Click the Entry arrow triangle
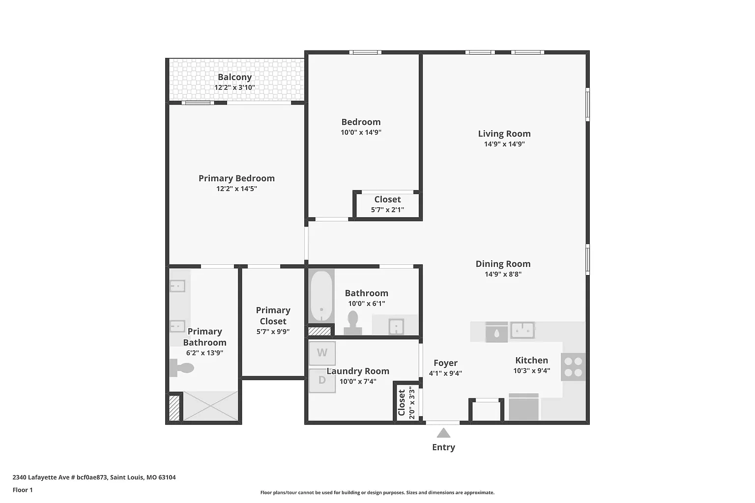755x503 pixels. click(x=443, y=433)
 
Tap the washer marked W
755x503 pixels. click(x=322, y=353)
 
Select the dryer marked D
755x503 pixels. click(x=322, y=380)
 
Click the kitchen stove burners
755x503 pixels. click(x=573, y=367)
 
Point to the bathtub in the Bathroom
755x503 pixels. click(x=321, y=296)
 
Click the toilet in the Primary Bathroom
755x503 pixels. click(x=182, y=367)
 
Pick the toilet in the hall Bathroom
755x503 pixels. click(x=352, y=322)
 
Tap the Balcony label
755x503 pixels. click(x=235, y=77)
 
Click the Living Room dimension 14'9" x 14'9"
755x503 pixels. click(x=505, y=144)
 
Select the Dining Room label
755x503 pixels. click(x=503, y=264)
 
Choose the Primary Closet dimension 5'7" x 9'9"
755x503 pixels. click(x=273, y=332)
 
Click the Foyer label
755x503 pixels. click(x=446, y=363)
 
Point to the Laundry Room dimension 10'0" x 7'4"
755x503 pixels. click(x=358, y=381)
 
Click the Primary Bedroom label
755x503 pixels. click(x=236, y=178)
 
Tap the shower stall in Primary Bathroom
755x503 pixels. click(x=210, y=406)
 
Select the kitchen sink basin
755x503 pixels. click(x=523, y=330)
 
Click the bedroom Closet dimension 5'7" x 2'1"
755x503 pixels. click(x=388, y=210)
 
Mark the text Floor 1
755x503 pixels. click(x=23, y=490)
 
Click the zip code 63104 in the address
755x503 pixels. click(x=167, y=477)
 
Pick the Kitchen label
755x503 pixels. click(x=531, y=360)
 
